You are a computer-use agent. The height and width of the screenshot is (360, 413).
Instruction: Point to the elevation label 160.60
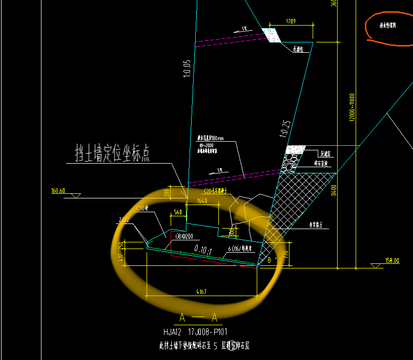(x=58, y=191)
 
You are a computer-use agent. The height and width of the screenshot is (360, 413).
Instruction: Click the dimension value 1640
(x=201, y=200)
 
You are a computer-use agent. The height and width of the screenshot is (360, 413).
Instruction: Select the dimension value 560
(x=177, y=211)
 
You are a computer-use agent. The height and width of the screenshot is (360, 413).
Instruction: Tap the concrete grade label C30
(x=142, y=208)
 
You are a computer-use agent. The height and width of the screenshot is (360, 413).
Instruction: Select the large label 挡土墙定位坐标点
(x=112, y=153)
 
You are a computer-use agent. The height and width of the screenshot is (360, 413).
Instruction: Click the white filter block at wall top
(x=272, y=35)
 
